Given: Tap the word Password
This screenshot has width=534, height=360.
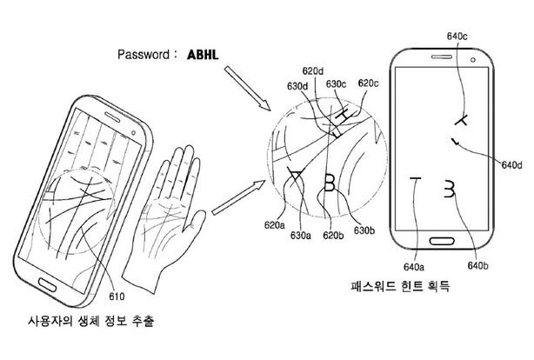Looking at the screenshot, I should point(144,54).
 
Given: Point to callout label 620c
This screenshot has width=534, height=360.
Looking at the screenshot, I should point(368,83).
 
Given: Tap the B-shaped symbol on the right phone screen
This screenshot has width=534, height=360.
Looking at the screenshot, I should point(449,189).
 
